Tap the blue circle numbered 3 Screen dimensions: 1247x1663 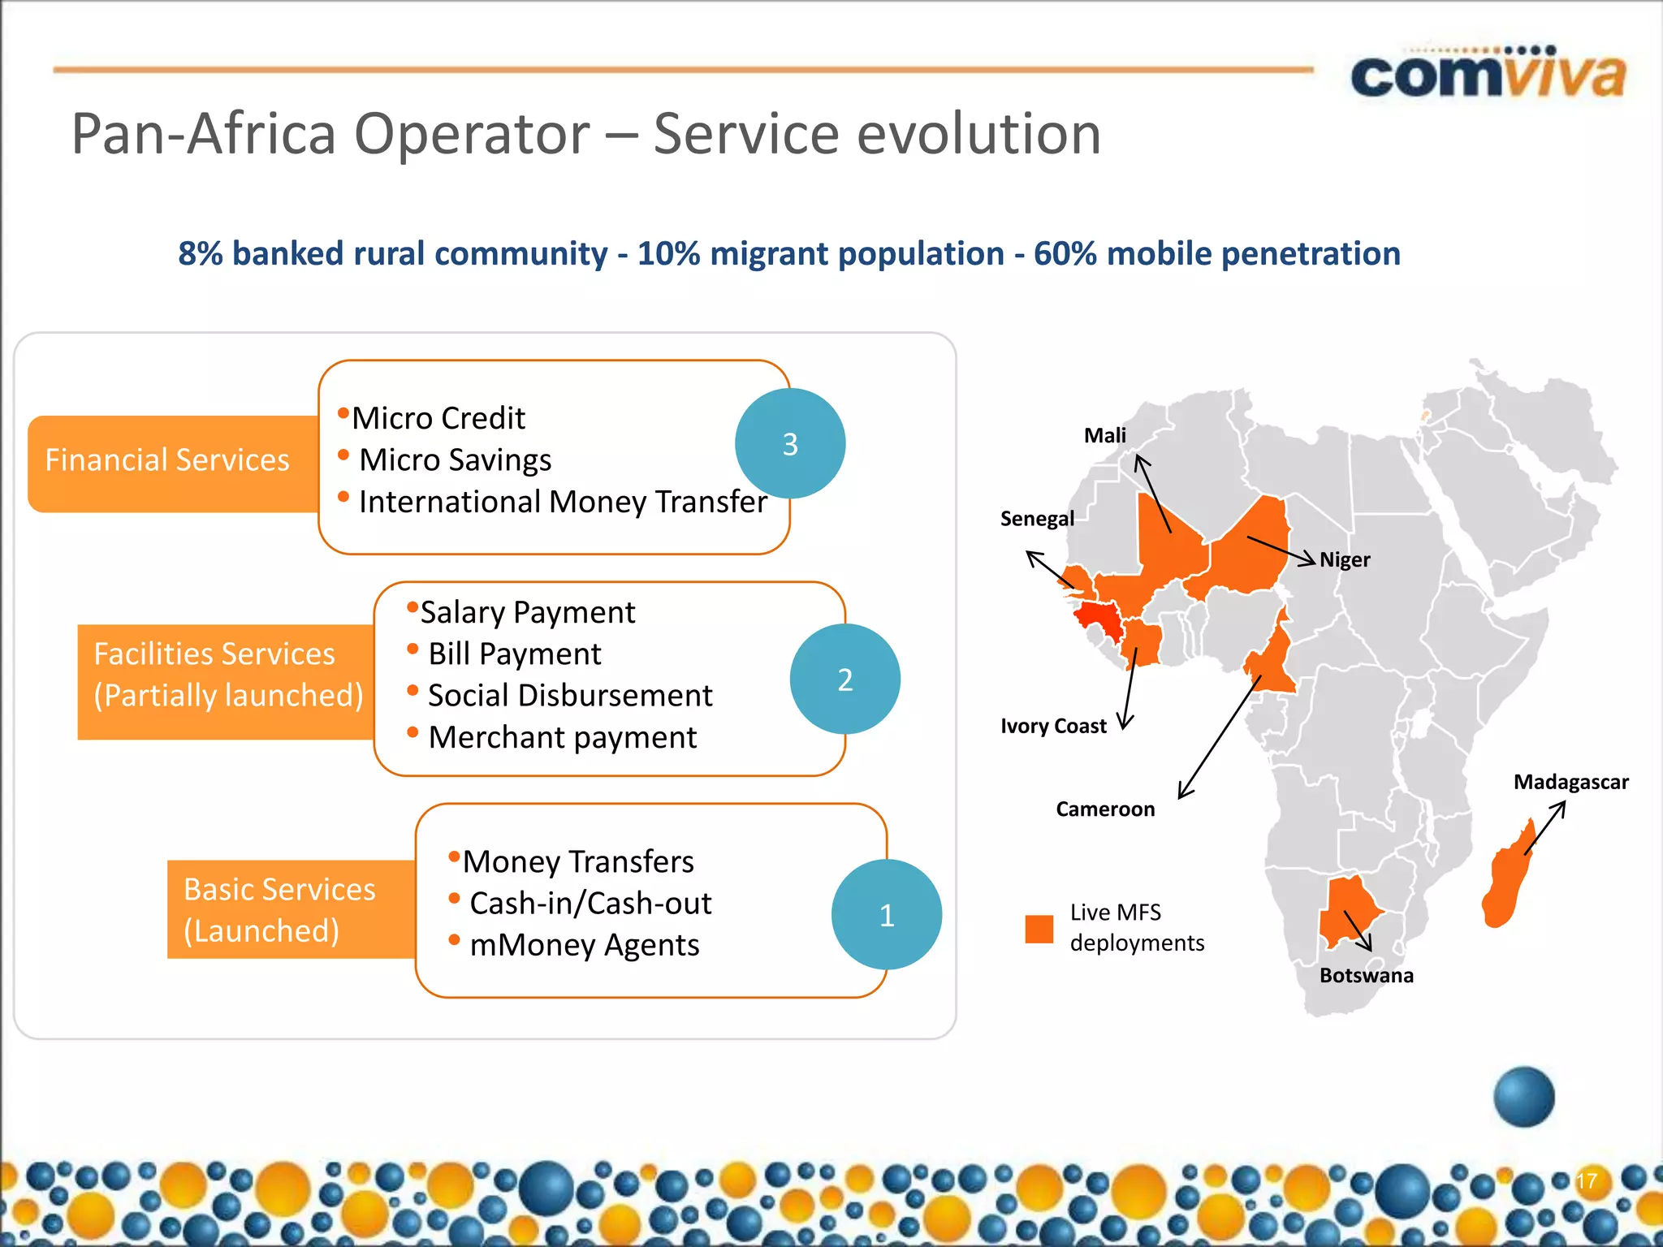[x=789, y=443]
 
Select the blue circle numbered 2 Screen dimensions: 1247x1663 [x=844, y=679]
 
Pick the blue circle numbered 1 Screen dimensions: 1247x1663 [x=886, y=915]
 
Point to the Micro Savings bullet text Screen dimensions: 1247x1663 [x=455, y=460]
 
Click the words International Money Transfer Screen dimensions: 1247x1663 [x=562, y=502]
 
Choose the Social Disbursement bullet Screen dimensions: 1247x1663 [x=569, y=696]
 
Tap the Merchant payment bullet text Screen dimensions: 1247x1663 [x=562, y=737]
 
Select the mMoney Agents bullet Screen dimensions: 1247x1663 [x=584, y=945]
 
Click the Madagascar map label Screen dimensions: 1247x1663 [x=1570, y=782]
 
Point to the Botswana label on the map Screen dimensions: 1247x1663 [x=1366, y=975]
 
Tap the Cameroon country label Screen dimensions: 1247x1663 [x=1104, y=809]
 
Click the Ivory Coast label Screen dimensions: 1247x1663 [x=1053, y=726]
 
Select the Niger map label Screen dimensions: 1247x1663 [x=1345, y=559]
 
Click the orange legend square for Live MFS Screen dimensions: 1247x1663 [x=1039, y=929]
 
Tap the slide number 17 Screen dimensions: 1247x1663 [x=1586, y=1180]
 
